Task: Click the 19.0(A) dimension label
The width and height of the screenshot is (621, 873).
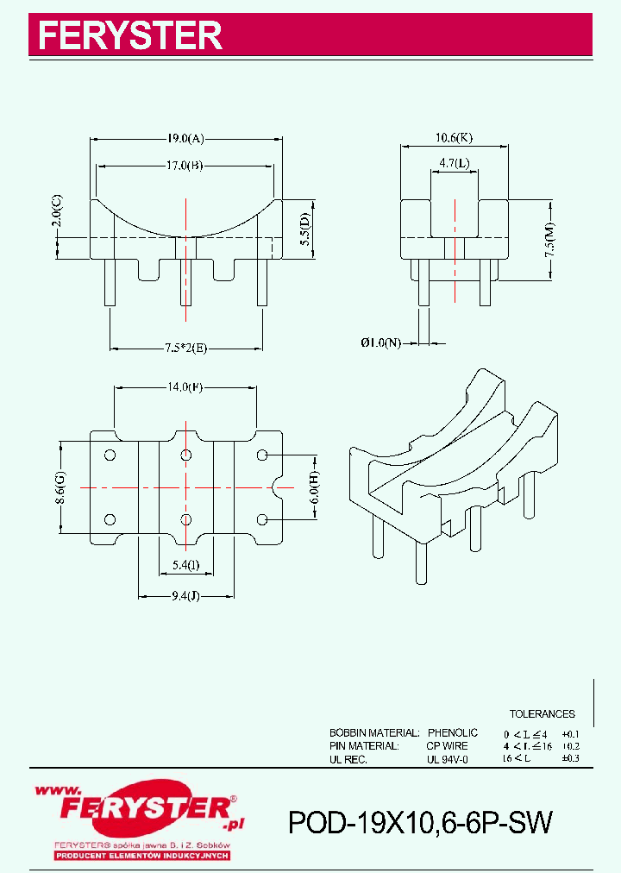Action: tap(186, 138)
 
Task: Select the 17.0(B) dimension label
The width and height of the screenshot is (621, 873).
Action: tap(185, 166)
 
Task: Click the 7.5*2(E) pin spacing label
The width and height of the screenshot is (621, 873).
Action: tap(186, 348)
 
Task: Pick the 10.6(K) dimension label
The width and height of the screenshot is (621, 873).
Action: tap(453, 137)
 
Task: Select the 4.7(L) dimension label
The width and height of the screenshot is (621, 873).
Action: tap(454, 162)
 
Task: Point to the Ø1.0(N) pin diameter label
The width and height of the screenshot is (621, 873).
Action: tap(380, 342)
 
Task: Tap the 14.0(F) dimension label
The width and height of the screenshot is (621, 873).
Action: tap(185, 386)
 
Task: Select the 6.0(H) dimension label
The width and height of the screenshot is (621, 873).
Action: tap(316, 488)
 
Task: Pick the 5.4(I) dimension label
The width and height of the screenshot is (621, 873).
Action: tap(185, 565)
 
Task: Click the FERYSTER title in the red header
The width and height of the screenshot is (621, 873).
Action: tap(130, 35)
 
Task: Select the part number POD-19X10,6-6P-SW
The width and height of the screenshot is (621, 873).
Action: tap(420, 823)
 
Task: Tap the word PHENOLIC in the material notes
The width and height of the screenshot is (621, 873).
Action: tap(453, 732)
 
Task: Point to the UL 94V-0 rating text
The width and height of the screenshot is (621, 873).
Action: tap(447, 759)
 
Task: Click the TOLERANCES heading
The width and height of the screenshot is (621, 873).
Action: tap(542, 714)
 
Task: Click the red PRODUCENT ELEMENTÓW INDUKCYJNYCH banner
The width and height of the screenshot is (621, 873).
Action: tap(141, 855)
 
